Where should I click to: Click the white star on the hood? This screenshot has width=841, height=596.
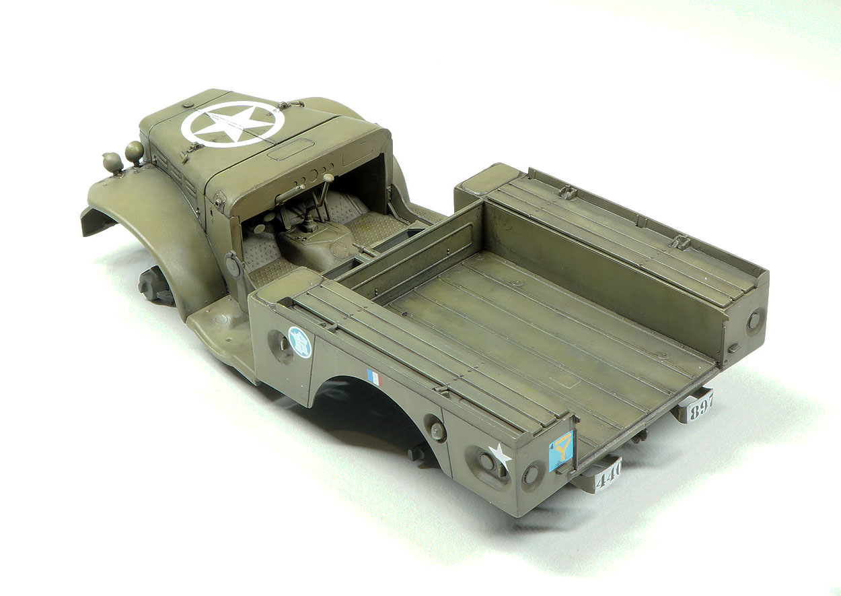click(232, 123)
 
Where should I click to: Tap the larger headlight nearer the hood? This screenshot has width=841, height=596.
click(135, 151)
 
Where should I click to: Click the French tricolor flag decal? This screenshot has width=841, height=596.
click(375, 378)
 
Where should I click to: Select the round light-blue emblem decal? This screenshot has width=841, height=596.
click(300, 342)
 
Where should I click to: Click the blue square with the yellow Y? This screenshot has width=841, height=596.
click(561, 451)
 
